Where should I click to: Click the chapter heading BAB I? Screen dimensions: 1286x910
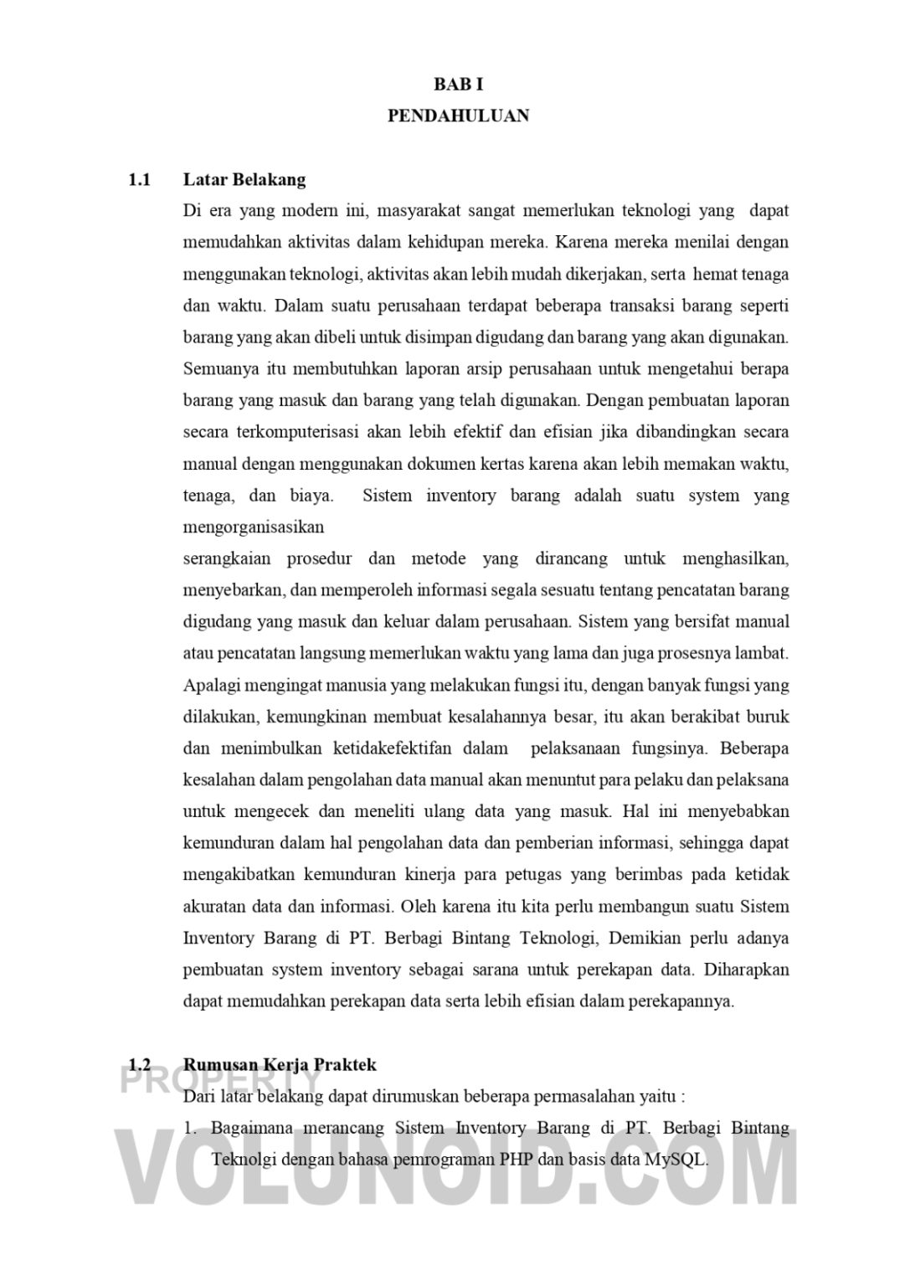click(x=458, y=85)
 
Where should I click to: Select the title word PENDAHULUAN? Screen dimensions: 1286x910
click(x=458, y=116)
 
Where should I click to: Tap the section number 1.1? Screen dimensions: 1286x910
click(x=139, y=179)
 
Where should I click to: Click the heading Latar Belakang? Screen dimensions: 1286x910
click(x=244, y=179)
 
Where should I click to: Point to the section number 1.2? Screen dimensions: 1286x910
click(x=139, y=1065)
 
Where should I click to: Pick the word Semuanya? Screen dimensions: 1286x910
click(x=219, y=368)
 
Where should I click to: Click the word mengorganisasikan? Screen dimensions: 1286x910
click(x=253, y=527)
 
